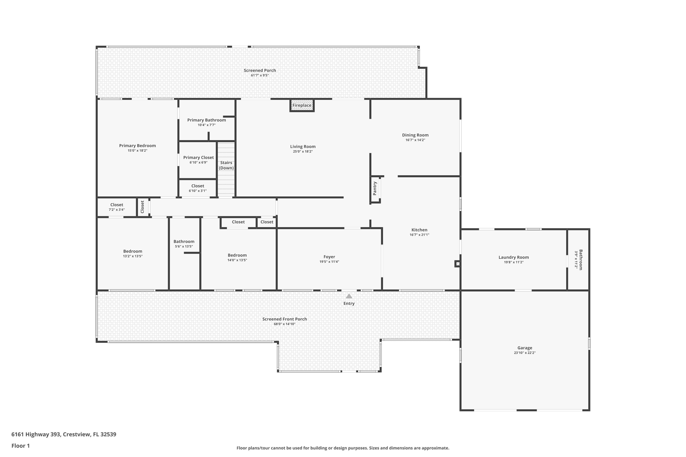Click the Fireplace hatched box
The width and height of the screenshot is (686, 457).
[302, 105]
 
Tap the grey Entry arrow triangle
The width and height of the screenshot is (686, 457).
[349, 296]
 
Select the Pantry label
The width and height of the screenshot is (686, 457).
[375, 188]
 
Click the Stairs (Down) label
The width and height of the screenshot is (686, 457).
[226, 165]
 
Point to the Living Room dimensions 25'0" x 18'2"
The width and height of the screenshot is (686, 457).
[303, 151]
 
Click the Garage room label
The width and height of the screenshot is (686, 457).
[525, 348]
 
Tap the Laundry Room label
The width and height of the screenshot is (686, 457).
[514, 257]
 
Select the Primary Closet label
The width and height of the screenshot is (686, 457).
[198, 157]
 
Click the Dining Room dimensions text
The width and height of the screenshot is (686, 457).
[415, 140]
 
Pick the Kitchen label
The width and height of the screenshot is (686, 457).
[419, 230]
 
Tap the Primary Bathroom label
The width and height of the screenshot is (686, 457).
[206, 120]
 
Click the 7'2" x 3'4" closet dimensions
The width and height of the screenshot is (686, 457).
[117, 210]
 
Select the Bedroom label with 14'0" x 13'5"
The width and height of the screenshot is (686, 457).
[237, 255]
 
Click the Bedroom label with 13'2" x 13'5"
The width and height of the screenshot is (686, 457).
[133, 251]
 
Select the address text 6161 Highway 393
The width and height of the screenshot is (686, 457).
[36, 434]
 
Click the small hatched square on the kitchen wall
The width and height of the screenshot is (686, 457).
[458, 264]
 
